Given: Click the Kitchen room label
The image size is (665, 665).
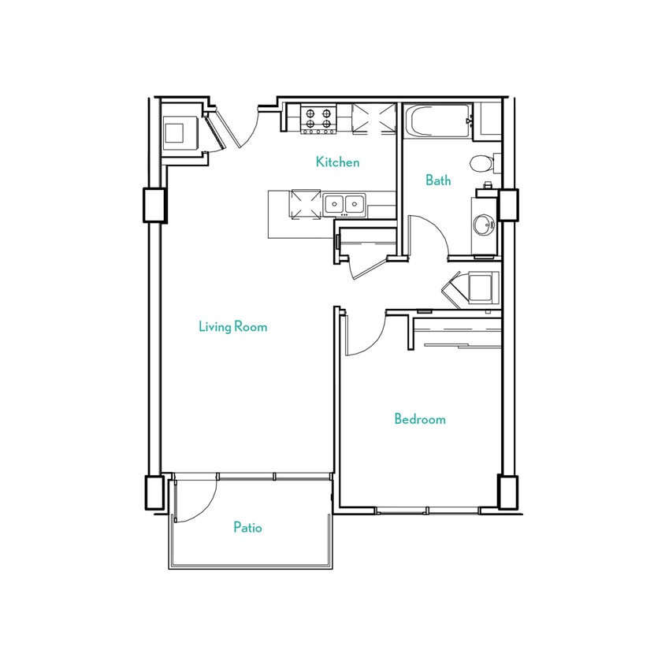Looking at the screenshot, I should coord(337,162).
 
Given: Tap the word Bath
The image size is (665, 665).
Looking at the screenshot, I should coord(438,180).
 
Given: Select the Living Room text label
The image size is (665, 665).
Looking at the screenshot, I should coord(232,326).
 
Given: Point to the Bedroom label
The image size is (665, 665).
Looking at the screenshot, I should coord(419,419).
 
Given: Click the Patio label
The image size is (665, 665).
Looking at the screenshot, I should coord(247,527).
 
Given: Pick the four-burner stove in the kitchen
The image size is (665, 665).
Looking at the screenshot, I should coord(318,119).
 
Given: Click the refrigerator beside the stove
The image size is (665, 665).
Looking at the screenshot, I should coord(373,118).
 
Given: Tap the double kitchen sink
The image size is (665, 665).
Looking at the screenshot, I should coord(344,204).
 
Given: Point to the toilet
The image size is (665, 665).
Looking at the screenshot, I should coord(481,164).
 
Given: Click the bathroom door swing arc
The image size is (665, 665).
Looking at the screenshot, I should coord(429,236).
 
